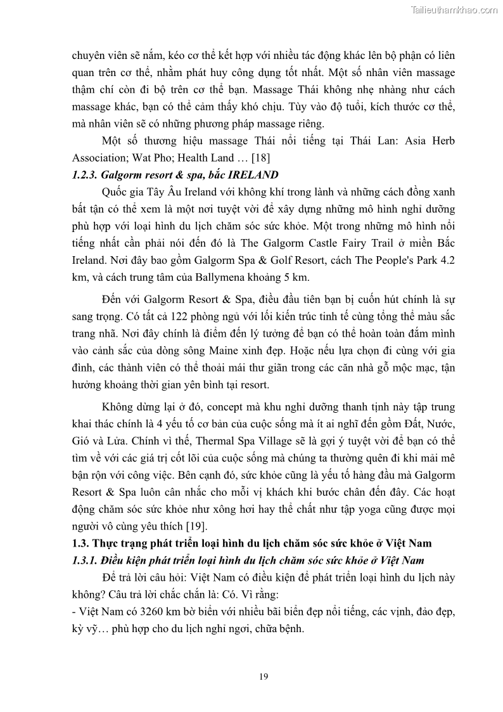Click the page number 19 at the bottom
click(x=264, y=676)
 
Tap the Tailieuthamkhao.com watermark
click(x=454, y=10)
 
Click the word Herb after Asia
click(x=442, y=140)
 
